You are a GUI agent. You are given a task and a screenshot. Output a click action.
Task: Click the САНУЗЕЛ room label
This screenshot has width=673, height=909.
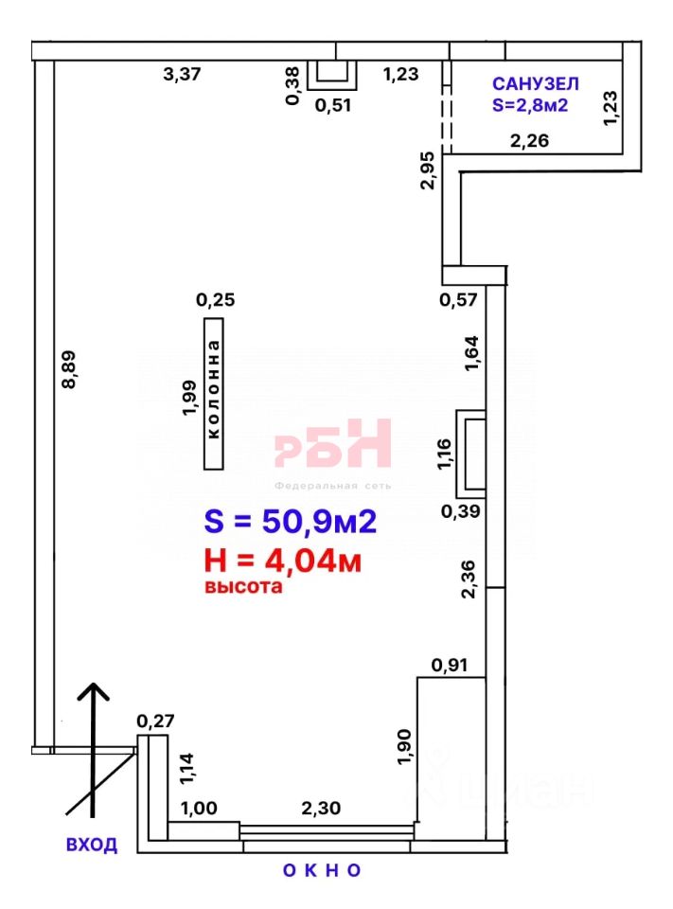(535, 84)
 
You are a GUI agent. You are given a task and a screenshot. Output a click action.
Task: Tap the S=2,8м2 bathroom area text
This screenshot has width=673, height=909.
(530, 105)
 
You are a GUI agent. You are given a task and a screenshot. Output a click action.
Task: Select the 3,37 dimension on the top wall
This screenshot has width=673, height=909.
(182, 74)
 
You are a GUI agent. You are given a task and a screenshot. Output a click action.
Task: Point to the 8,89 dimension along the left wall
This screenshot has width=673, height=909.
(68, 369)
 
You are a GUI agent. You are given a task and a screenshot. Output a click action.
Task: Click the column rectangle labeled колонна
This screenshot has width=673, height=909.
(213, 394)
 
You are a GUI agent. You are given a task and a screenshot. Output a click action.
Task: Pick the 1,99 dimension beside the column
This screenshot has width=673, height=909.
(189, 398)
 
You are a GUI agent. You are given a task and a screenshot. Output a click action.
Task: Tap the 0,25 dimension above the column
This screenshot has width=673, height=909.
(216, 300)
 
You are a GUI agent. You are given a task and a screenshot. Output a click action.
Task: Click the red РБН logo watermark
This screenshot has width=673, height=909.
(333, 443)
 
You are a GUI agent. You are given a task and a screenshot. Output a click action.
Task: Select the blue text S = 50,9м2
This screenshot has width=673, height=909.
(291, 521)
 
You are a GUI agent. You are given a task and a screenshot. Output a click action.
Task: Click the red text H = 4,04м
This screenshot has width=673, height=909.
(283, 561)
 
